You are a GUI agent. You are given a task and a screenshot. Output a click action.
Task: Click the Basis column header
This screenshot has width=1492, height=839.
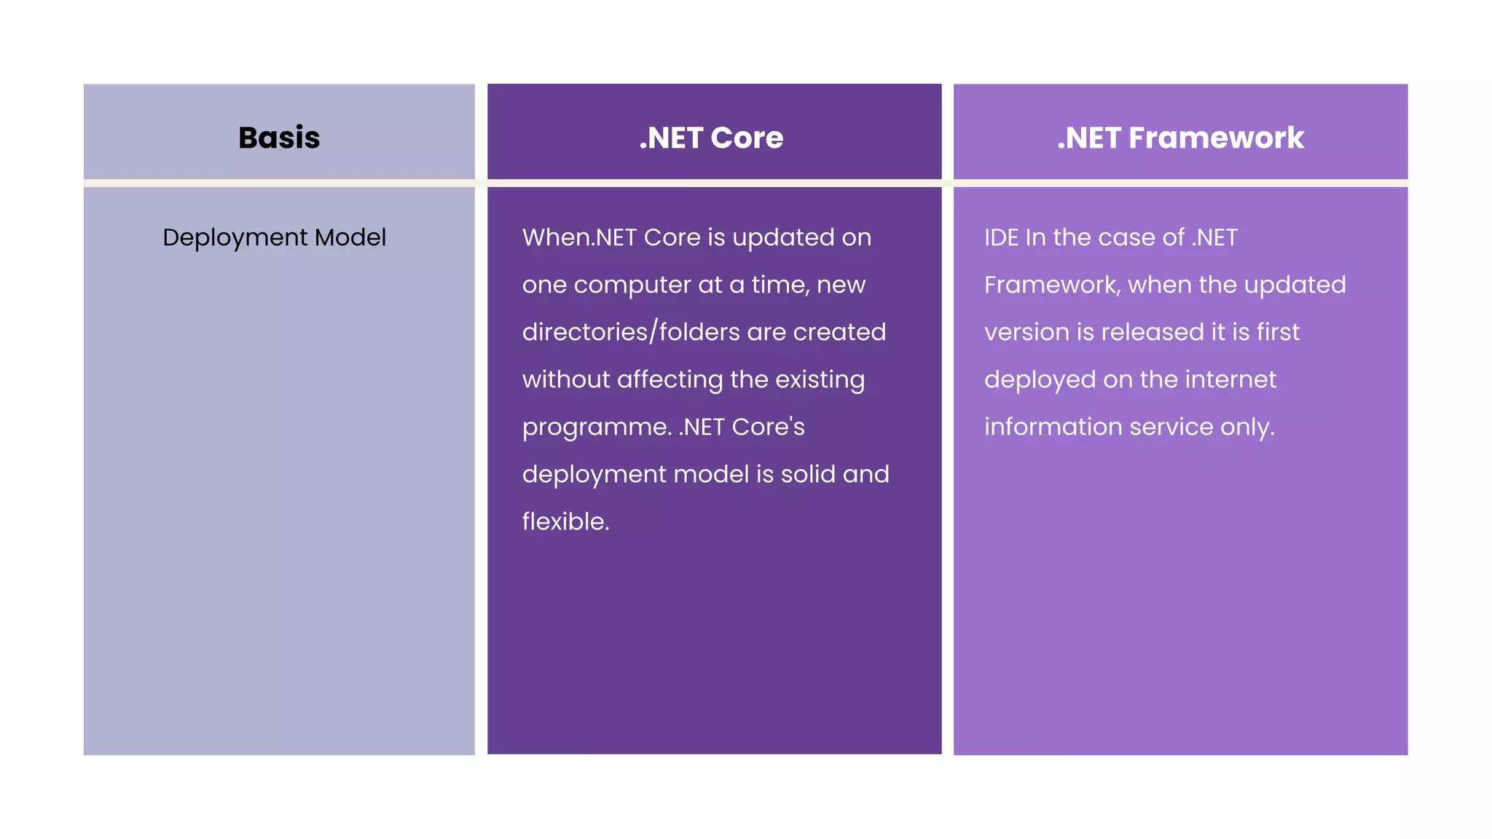[279, 138]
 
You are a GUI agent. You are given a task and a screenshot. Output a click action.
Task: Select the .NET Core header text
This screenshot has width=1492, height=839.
[711, 138]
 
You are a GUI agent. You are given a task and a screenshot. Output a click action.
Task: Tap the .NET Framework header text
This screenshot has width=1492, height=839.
[1180, 138]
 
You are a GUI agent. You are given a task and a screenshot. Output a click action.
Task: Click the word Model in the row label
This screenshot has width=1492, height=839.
[350, 237]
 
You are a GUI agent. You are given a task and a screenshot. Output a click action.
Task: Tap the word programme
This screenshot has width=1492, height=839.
[596, 428]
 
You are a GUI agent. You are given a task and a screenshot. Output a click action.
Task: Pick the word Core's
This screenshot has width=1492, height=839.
[768, 427]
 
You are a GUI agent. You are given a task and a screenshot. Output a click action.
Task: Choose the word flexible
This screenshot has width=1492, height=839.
[565, 521]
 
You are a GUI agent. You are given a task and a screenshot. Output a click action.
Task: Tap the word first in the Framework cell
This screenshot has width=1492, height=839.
[1278, 332]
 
